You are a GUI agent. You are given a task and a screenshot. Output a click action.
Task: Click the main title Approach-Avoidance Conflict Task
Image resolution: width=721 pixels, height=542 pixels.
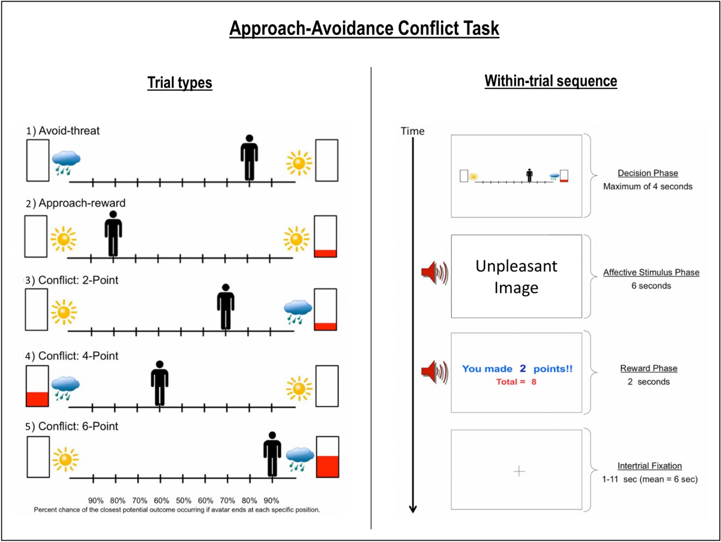(364, 28)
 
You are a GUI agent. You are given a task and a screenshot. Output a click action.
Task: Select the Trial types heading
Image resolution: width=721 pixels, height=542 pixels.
(180, 83)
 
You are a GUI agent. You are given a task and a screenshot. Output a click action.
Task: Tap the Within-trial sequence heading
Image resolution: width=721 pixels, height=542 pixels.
(550, 81)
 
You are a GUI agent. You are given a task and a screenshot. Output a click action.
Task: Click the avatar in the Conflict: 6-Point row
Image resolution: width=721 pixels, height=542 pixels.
(272, 454)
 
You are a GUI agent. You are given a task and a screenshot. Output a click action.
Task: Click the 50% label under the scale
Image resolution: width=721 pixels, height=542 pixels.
(183, 500)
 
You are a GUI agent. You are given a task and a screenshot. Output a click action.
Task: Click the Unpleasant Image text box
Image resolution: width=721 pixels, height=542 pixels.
(517, 277)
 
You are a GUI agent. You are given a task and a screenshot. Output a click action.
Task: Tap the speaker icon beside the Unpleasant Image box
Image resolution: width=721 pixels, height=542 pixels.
(434, 274)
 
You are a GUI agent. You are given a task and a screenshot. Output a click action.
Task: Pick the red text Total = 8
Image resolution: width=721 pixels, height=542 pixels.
(516, 382)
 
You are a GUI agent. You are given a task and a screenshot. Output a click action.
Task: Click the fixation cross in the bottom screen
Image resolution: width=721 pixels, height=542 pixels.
(520, 472)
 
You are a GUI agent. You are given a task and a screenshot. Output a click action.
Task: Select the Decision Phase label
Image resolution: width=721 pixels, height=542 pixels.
(648, 173)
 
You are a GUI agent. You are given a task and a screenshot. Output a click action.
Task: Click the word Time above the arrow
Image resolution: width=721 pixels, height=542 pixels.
(412, 131)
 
